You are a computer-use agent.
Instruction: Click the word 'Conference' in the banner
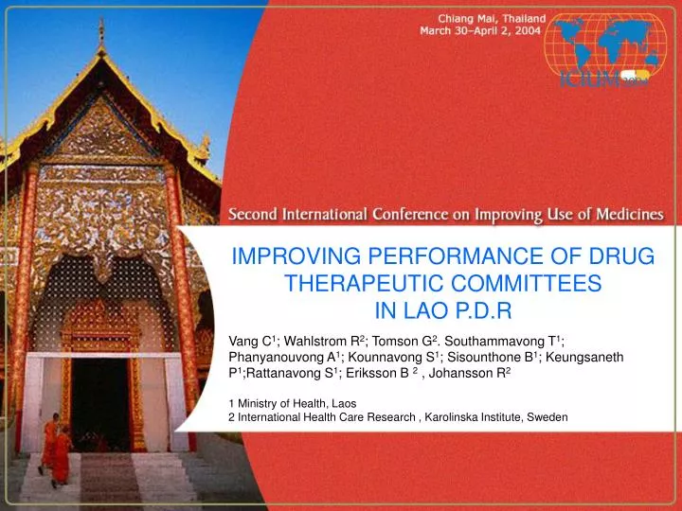tap(410, 215)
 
